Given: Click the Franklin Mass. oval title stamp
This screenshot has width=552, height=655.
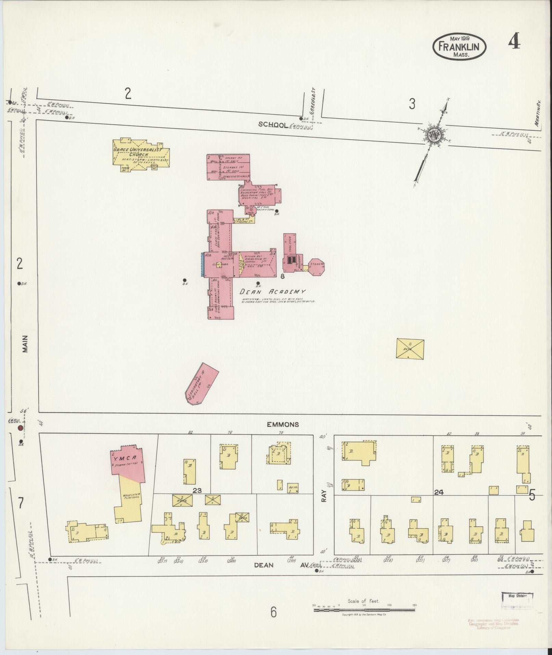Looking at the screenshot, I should [459, 47].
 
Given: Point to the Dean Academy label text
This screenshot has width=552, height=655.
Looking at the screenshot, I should [272, 292].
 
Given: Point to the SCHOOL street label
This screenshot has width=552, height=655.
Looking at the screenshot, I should [272, 125].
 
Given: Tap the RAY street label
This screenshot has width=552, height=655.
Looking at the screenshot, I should [324, 495].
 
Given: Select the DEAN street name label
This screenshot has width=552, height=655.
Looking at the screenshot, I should [264, 565].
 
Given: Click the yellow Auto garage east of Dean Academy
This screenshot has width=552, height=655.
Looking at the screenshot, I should [410, 349].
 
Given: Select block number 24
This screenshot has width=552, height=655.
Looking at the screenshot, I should [439, 492].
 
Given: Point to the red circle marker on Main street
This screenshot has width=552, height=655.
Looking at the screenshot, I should [21, 428].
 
